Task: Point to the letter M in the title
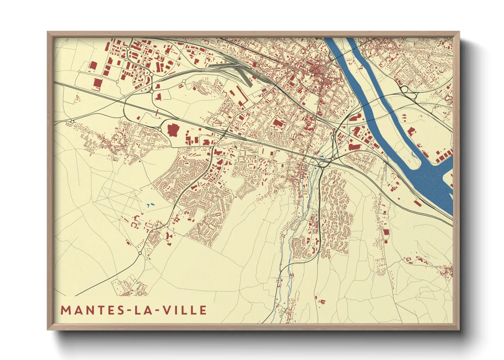click(65, 310)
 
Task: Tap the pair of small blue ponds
click(150, 205)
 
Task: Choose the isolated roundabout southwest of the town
click(140, 253)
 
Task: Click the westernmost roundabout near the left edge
click(72, 121)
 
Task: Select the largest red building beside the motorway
click(173, 130)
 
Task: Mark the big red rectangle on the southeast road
click(386, 232)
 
